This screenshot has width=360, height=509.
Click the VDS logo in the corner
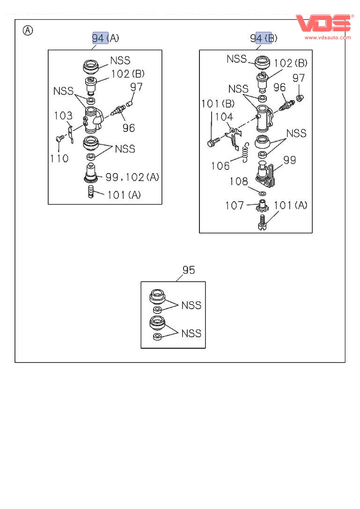point(323,23)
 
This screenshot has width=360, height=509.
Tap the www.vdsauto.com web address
point(327,37)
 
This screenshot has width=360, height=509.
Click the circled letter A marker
point(28,31)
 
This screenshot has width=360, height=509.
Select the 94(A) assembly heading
point(105,38)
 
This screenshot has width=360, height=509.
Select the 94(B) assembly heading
point(264,38)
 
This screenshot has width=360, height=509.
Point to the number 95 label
point(189,270)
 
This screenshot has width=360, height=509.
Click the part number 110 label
point(59,158)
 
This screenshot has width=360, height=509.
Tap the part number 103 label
point(63,116)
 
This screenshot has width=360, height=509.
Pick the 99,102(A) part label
point(132,177)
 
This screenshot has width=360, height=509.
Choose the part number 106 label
point(220,166)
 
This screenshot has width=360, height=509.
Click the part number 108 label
point(239,182)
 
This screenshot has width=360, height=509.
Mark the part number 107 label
point(235,205)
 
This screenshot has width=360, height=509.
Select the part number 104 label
point(224,117)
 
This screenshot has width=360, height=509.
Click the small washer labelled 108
point(262,193)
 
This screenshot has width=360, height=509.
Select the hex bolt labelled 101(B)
point(212,143)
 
